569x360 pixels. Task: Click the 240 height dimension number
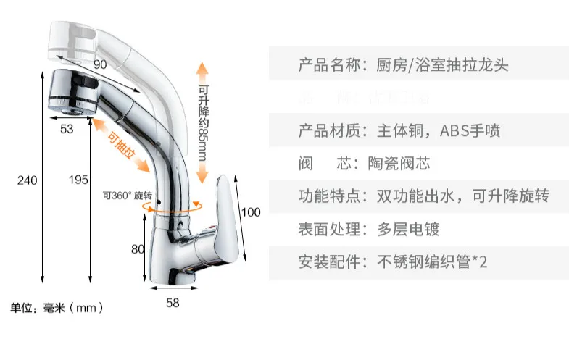pyautogui.click(x=27, y=180)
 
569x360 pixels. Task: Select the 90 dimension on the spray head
pyautogui.click(x=100, y=64)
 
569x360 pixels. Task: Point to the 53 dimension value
pyautogui.click(x=67, y=130)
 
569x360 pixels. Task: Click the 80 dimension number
pyautogui.click(x=138, y=250)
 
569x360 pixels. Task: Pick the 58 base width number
pyautogui.click(x=173, y=303)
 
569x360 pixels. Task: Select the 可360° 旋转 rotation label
pyautogui.click(x=127, y=196)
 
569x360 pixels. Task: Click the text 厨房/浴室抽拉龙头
pyautogui.click(x=441, y=64)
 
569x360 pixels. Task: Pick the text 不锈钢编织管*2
pyautogui.click(x=431, y=262)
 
